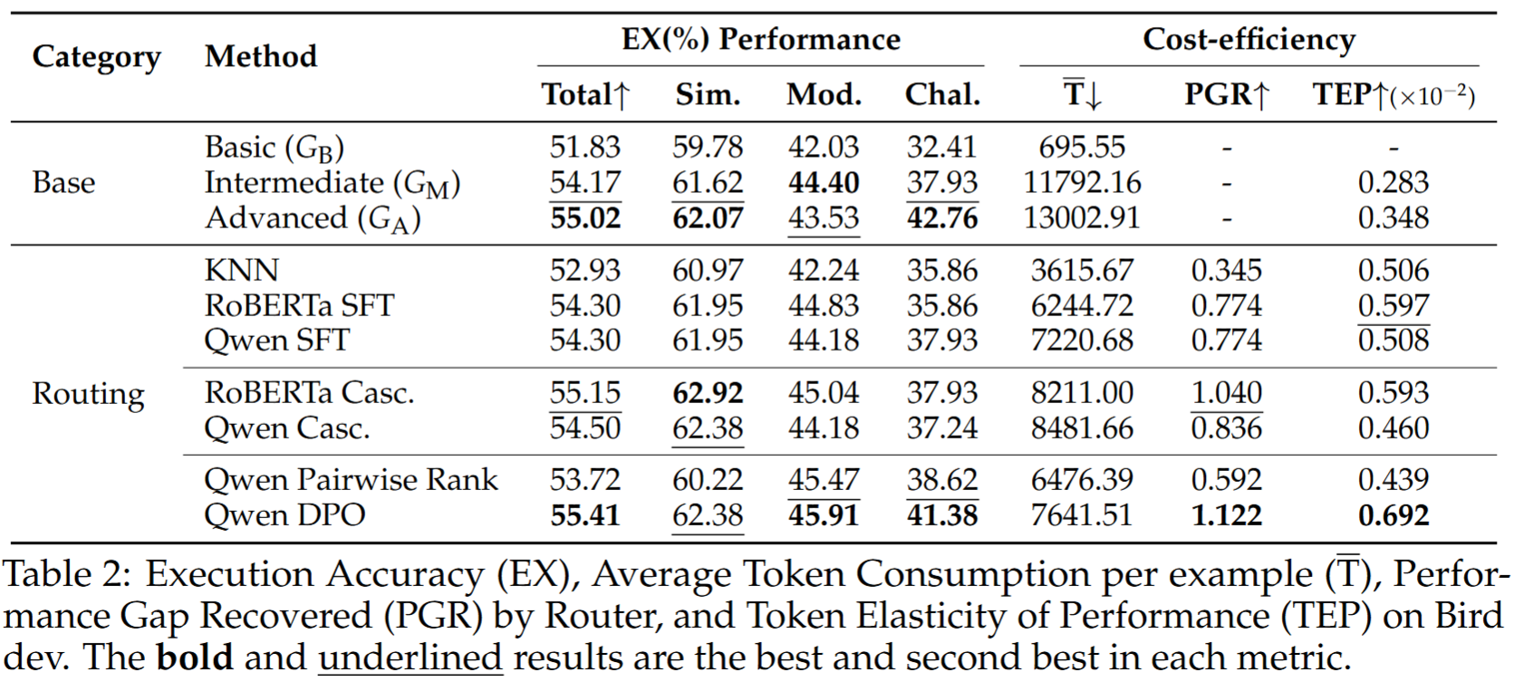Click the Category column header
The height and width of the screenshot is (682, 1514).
click(x=96, y=57)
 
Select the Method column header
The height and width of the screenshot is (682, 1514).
click(x=261, y=57)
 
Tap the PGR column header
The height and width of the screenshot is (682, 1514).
click(x=1227, y=94)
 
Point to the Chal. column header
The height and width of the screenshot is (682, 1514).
click(x=942, y=94)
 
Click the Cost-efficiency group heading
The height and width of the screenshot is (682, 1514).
click(x=1249, y=39)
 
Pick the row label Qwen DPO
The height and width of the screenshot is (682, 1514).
click(x=284, y=514)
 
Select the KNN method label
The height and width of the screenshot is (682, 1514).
click(x=241, y=270)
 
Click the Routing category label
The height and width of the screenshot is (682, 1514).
click(x=88, y=393)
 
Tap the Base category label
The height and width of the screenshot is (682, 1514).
click(x=63, y=182)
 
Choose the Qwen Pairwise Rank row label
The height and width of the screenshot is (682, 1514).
click(x=351, y=479)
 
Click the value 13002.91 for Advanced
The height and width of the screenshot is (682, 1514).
click(x=1082, y=217)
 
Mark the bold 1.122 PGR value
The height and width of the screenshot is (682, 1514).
click(x=1227, y=514)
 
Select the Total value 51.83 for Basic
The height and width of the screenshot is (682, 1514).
click(x=585, y=147)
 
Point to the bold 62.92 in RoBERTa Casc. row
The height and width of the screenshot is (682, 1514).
click(x=708, y=392)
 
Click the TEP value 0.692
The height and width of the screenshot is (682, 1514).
click(x=1393, y=514)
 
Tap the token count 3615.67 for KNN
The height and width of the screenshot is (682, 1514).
click(x=1082, y=270)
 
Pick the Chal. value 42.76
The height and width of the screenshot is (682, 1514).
click(x=942, y=217)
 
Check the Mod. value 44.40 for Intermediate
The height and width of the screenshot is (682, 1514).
click(x=824, y=182)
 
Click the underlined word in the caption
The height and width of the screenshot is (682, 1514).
click(x=410, y=657)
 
